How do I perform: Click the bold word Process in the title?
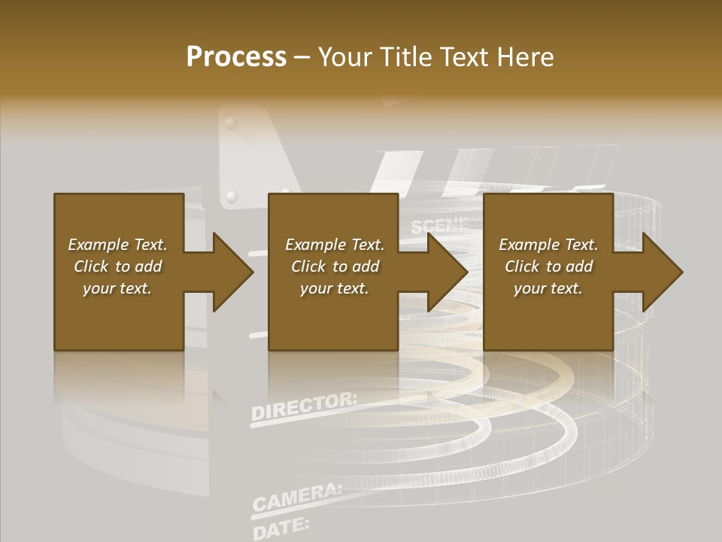pos(236,57)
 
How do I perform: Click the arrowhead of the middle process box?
pos(447,272)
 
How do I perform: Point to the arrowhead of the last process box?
pos(662,272)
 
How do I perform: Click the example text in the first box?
pos(118,266)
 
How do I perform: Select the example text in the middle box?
pos(335,266)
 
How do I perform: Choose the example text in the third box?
pos(548,266)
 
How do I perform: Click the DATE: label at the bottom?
pos(281,525)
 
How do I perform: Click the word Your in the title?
pos(344,57)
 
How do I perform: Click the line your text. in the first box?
pos(118,288)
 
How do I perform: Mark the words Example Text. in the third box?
pos(548,245)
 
